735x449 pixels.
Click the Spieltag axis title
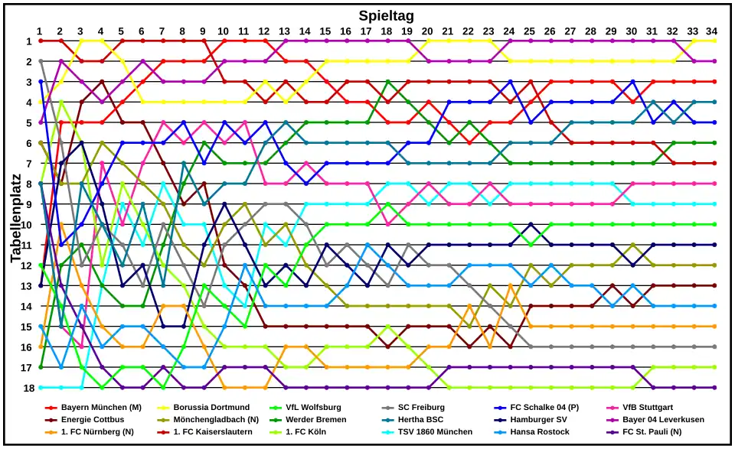386,15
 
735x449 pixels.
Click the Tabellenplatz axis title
16,217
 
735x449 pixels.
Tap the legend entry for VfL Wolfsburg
313,408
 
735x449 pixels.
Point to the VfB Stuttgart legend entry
648,408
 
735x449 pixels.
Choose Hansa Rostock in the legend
538,432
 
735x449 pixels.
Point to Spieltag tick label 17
366,31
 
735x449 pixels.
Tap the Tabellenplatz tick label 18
28,388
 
